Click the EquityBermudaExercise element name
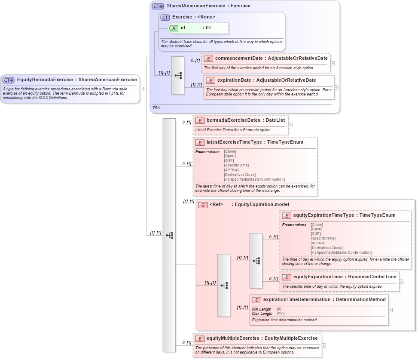(x=45, y=80)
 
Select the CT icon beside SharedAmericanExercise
(x=158, y=6)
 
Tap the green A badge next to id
(x=174, y=28)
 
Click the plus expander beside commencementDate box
(x=333, y=63)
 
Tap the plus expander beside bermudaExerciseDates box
(x=290, y=125)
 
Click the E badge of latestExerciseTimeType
(x=200, y=142)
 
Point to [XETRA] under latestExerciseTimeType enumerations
(x=231, y=170)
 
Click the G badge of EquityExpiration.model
(x=203, y=205)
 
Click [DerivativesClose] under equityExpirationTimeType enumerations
(x=326, y=248)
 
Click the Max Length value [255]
(x=281, y=314)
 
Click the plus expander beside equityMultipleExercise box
(x=324, y=345)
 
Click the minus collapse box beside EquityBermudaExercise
(x=142, y=89)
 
